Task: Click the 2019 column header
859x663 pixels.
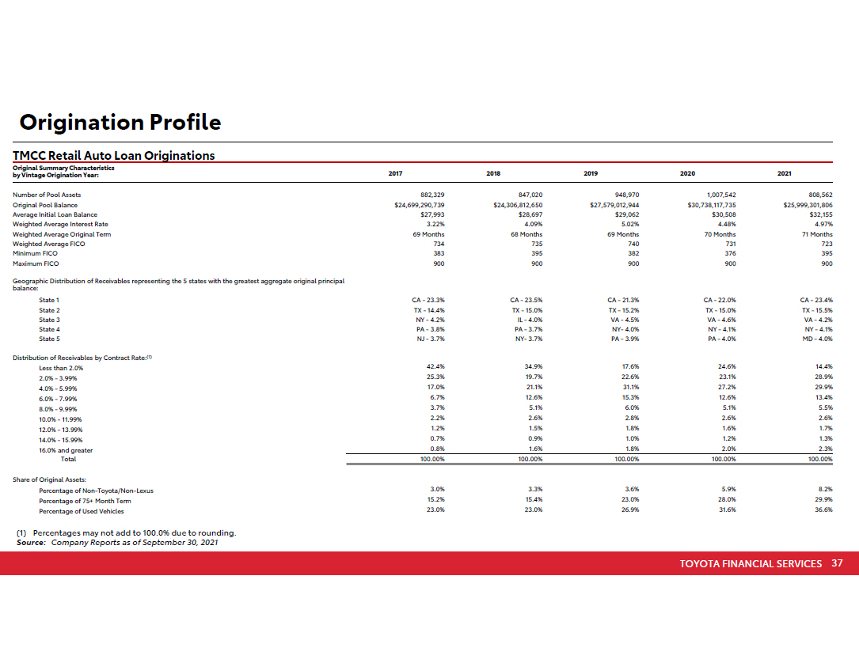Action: click(591, 173)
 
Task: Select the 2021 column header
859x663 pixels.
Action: click(785, 173)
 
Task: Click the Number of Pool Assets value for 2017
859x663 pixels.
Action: click(431, 195)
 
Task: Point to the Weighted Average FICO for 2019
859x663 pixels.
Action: click(632, 244)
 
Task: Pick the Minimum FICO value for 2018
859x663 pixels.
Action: click(536, 253)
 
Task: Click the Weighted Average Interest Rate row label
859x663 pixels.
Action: click(60, 224)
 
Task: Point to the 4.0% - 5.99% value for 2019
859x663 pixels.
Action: click(631, 387)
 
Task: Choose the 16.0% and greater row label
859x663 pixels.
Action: click(66, 450)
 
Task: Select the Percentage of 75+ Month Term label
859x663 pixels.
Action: click(85, 501)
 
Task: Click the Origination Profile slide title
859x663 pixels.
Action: click(120, 123)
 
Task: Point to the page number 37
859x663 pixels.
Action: click(837, 563)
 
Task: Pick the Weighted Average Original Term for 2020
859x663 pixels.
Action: click(719, 234)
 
